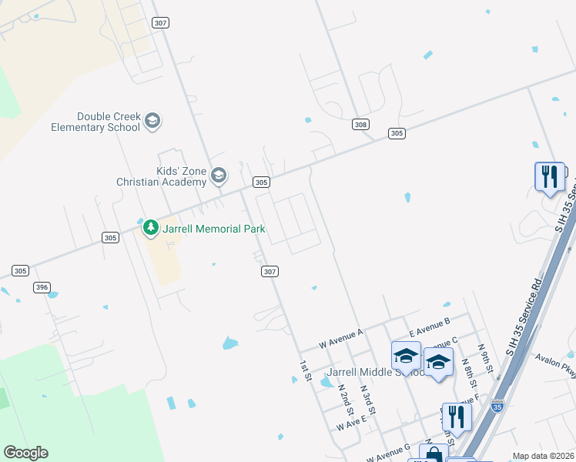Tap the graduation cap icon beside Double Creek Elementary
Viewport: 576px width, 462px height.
[x=152, y=121]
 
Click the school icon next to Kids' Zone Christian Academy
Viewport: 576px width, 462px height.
[x=219, y=176]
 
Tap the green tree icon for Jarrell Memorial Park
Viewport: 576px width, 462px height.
[x=150, y=228]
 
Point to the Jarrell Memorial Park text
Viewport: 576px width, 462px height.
[x=213, y=229]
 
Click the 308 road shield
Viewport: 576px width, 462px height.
[x=360, y=124]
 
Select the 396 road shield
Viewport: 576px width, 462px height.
[x=42, y=287]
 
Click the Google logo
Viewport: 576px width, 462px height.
[x=25, y=452]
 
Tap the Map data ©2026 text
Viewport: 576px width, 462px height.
[x=543, y=456]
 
